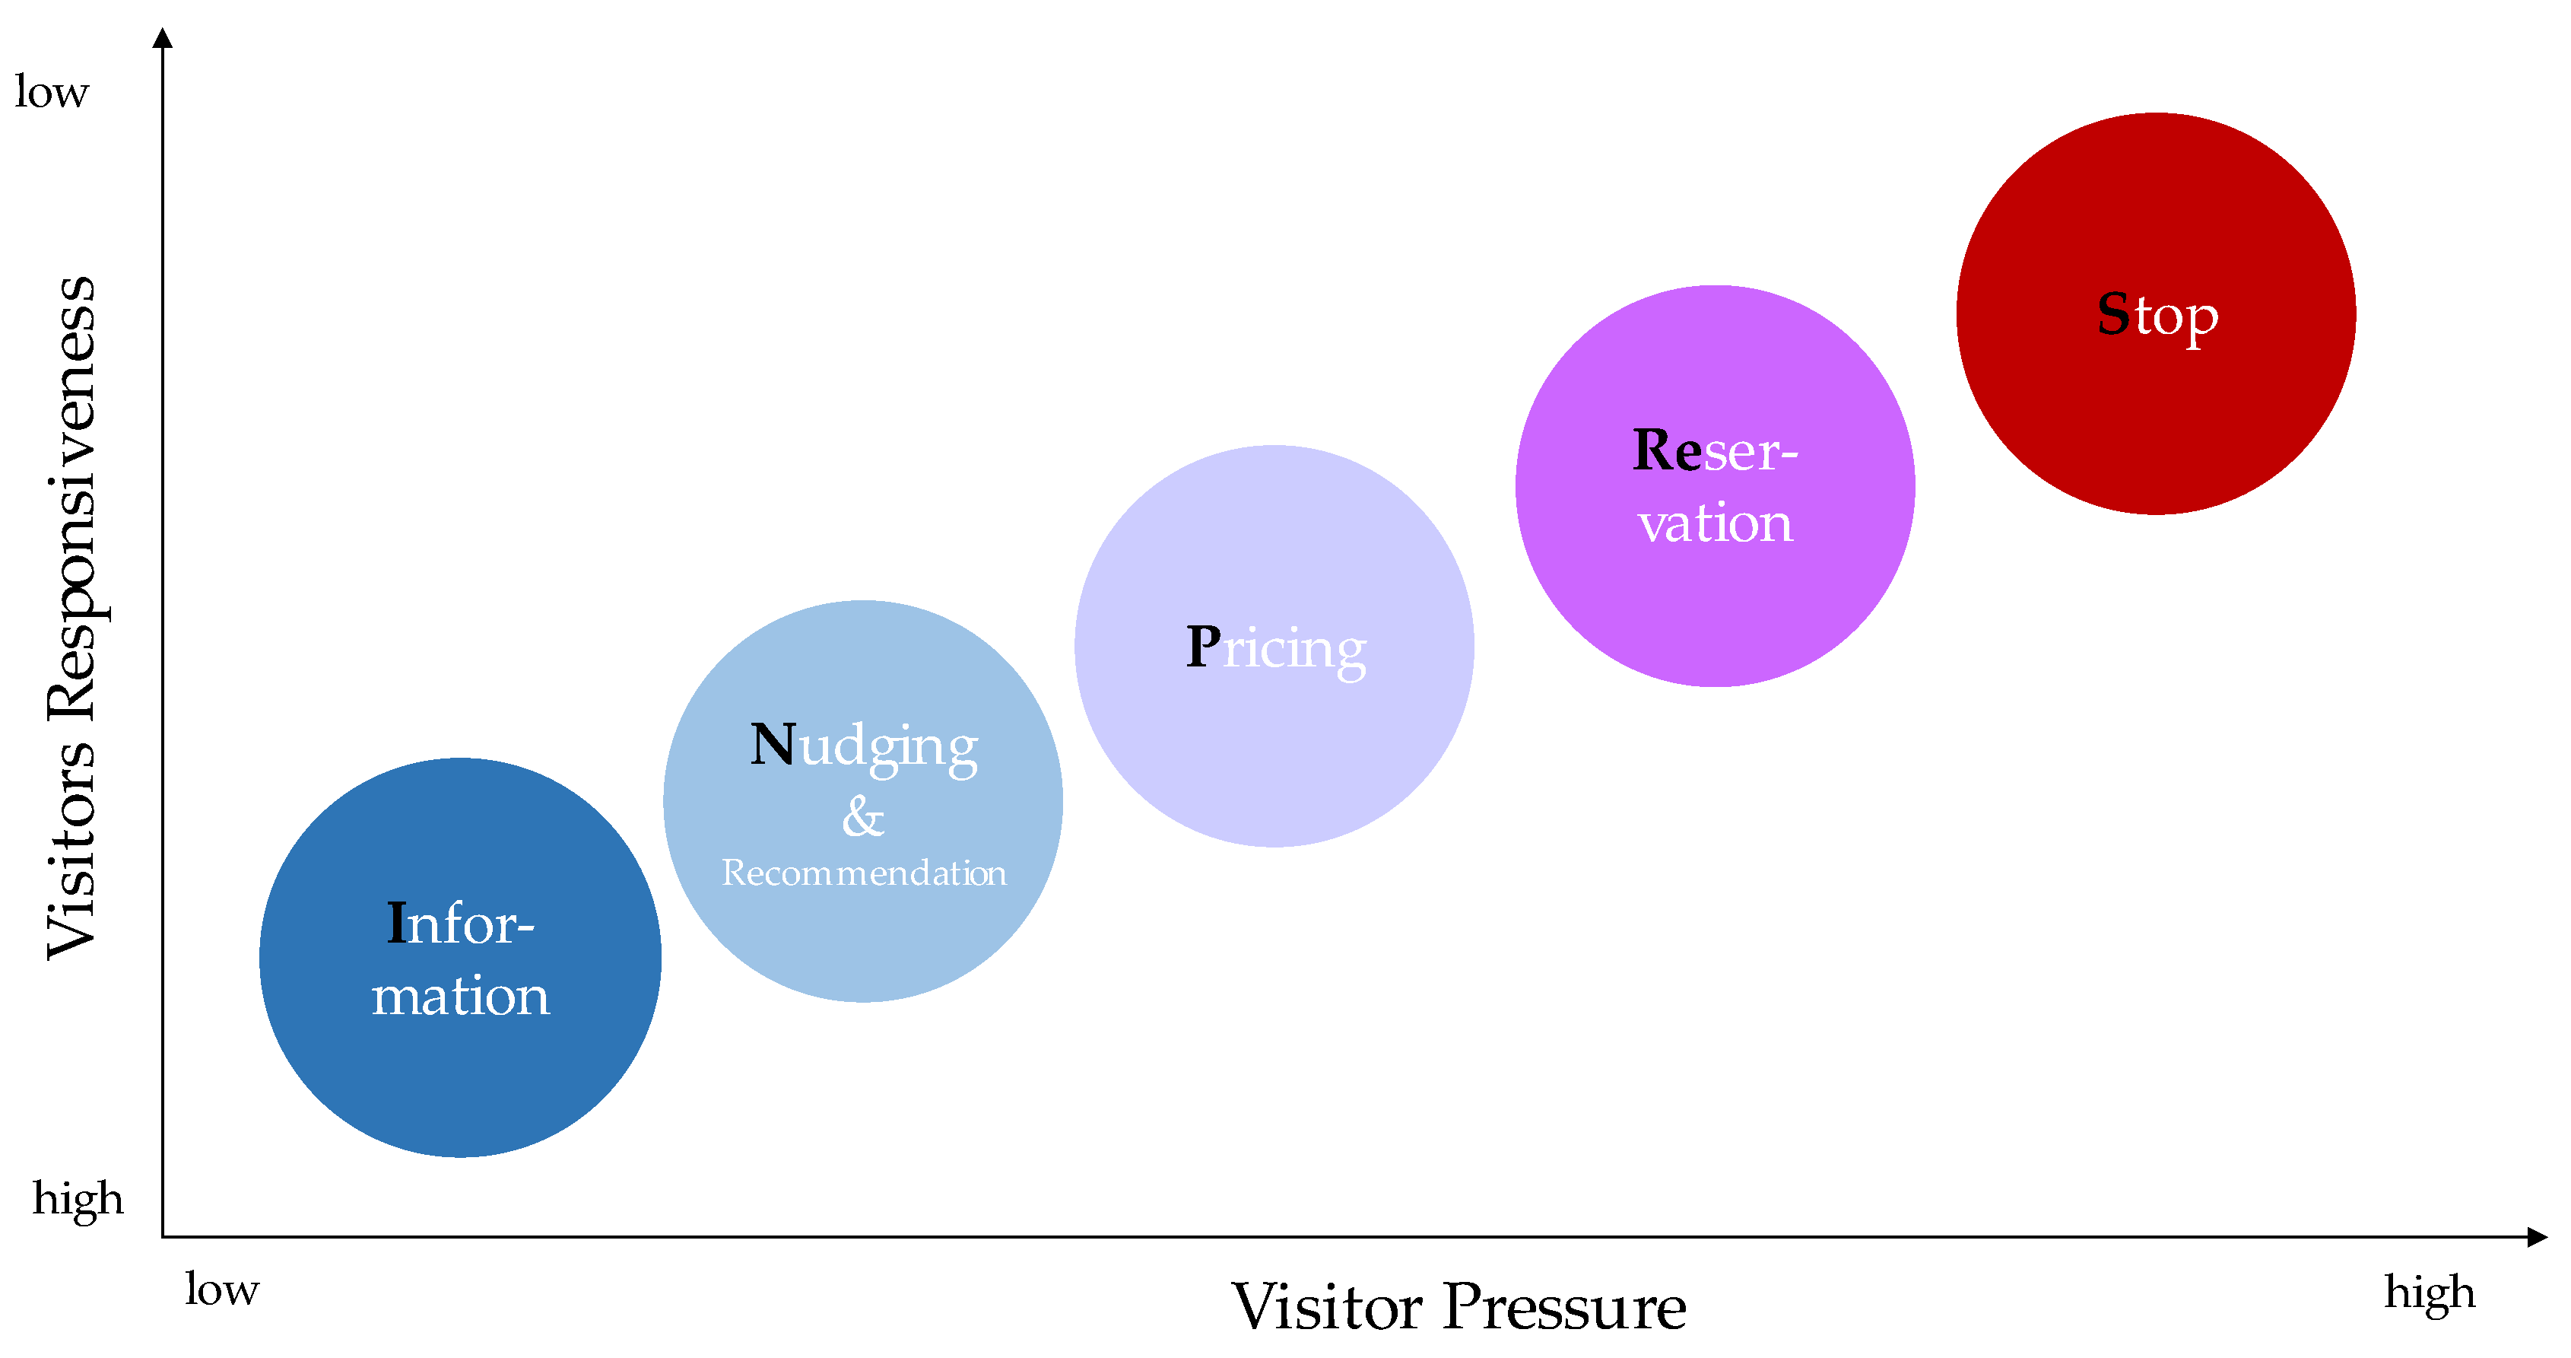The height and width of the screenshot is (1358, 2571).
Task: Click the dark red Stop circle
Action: (x=2156, y=419)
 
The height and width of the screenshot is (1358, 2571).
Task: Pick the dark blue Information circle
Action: (x=460, y=1079)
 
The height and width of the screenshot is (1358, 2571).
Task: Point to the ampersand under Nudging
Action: (x=862, y=817)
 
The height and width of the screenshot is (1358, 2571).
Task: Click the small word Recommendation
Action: (x=865, y=873)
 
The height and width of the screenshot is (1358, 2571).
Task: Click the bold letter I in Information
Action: (x=396, y=923)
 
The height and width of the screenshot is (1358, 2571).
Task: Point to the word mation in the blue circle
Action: (x=460, y=996)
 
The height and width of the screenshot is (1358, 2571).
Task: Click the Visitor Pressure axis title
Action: (x=1458, y=1306)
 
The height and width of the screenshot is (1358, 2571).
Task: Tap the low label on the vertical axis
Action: (x=52, y=92)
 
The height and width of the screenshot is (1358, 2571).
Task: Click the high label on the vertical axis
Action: (x=78, y=1198)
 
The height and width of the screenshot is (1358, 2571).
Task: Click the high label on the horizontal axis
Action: (x=2430, y=1292)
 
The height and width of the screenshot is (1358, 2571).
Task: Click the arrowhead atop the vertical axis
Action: (x=163, y=38)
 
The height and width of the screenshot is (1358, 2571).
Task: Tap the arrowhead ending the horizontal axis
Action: (x=2536, y=1237)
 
